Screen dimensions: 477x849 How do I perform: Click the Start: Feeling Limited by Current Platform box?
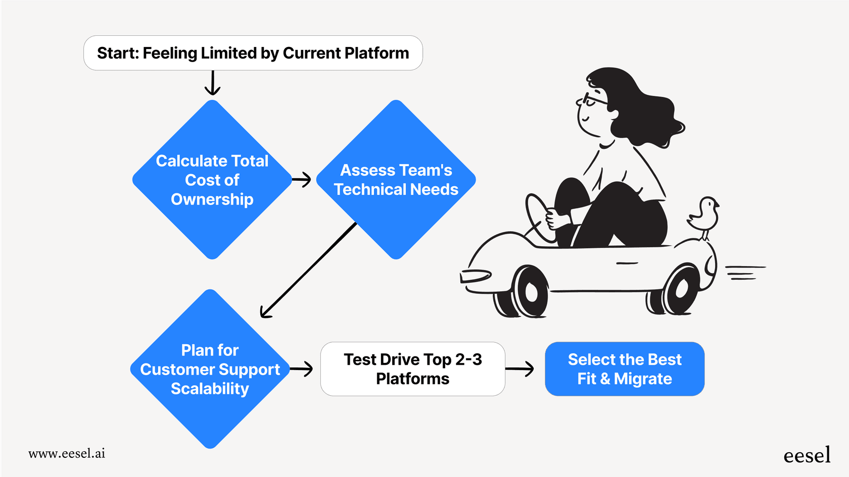[x=253, y=53]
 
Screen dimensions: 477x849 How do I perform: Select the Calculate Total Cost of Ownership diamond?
[x=212, y=180]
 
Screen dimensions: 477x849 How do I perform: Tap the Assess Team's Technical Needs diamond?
[x=396, y=180]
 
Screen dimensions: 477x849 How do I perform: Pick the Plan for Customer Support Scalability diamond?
[x=210, y=369]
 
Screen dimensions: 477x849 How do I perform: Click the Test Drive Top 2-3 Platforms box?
[x=412, y=369]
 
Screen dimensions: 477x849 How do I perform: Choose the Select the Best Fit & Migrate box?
[x=624, y=369]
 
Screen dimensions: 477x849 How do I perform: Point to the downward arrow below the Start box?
[x=212, y=83]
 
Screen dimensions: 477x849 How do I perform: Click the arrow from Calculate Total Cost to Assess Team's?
[x=302, y=179]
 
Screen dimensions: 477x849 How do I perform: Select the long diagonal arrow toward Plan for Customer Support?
[x=308, y=270]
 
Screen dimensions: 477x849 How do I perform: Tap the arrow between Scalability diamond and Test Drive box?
[x=302, y=369]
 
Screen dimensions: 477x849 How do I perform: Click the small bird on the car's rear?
[x=704, y=215]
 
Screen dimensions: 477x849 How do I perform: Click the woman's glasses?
[x=593, y=99]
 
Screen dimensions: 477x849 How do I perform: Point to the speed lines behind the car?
[x=745, y=273]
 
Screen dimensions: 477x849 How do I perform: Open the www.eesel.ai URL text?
[x=67, y=453]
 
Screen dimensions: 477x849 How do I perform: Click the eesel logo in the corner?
[x=807, y=455]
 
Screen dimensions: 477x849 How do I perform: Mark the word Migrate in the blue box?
[x=643, y=379]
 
